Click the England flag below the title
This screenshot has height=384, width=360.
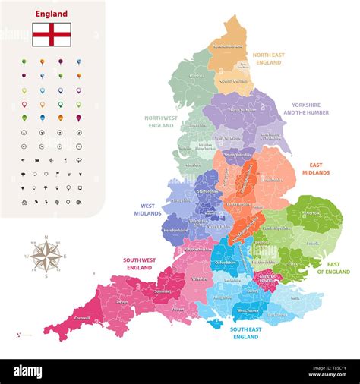coord(52,34)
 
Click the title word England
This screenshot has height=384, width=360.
coord(52,14)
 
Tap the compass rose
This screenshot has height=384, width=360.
coord(46,255)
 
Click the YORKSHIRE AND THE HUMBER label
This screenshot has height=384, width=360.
coord(306,109)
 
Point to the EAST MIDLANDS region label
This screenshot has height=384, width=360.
coord(319,168)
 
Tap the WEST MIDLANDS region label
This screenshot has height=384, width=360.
coord(149,209)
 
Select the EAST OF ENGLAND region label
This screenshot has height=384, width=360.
coord(333,267)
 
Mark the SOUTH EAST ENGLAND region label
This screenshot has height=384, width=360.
coord(246,333)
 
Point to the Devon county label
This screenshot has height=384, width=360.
coord(123,301)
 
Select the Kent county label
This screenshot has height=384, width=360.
coord(295,298)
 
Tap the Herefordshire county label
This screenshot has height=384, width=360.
coord(175,230)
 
